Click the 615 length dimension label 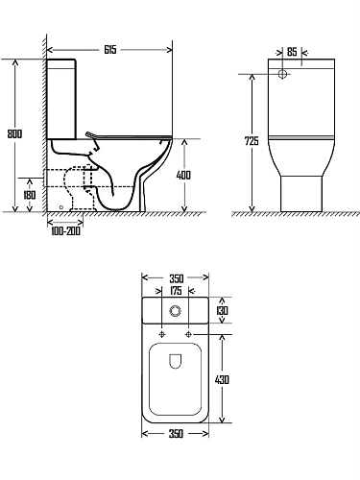coord(110,50)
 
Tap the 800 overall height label coord(14,133)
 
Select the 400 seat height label coord(183,175)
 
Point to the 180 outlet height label coord(30,195)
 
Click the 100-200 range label coord(65,231)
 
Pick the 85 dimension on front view coord(292,52)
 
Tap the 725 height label coord(252,141)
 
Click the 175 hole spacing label coord(176,291)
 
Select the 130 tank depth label coord(222,310)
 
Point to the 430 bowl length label coord(222,380)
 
